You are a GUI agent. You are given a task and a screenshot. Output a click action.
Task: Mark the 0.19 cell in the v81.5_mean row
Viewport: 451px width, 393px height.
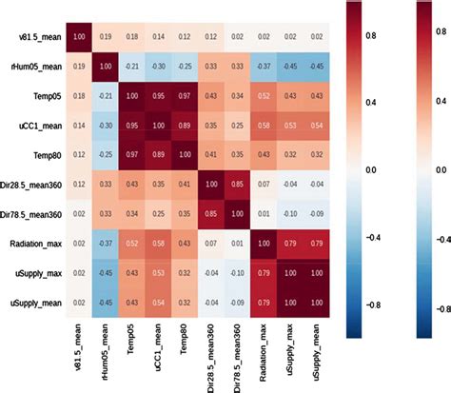[109, 37]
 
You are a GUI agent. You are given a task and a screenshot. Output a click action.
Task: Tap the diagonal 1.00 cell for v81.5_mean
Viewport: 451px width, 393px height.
[76, 37]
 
